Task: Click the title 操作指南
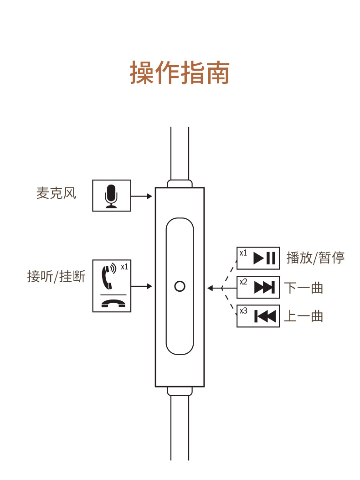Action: [x=180, y=73]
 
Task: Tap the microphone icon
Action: [x=111, y=196]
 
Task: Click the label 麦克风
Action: [x=57, y=193]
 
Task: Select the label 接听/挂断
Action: [x=57, y=276]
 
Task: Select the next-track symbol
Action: [x=264, y=287]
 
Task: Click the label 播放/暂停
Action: [x=315, y=258]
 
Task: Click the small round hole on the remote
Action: [x=180, y=286]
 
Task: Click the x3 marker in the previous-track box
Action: [x=243, y=311]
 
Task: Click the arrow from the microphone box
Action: [x=142, y=196]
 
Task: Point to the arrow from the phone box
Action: [x=142, y=286]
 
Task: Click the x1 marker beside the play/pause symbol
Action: [x=243, y=253]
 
